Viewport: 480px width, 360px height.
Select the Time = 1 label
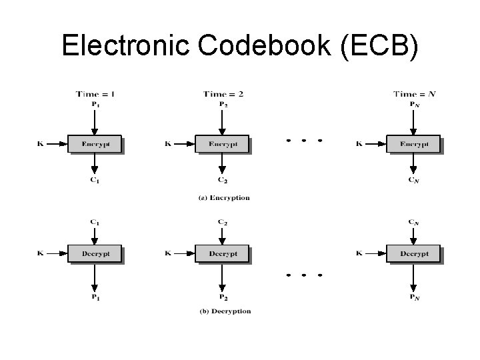pos(95,94)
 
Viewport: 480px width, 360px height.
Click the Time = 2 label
pos(223,94)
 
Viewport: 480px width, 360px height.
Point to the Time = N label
pos(414,94)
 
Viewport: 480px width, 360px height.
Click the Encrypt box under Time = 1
pos(95,143)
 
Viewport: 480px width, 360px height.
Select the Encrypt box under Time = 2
pos(221,143)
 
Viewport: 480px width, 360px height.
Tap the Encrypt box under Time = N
pos(413,143)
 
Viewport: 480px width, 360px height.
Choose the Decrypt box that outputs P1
pos(95,253)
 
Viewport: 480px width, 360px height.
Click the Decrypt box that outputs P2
pos(221,253)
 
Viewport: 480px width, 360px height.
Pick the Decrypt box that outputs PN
pos(413,253)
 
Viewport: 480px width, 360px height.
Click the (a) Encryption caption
pos(224,198)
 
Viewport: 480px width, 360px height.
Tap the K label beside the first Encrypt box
pos(40,143)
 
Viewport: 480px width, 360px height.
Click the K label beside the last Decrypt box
pos(359,253)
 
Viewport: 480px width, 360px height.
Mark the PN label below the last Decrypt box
pos(414,297)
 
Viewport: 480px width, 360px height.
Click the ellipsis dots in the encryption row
pos(304,141)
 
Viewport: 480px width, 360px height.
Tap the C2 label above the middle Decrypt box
pos(222,221)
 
